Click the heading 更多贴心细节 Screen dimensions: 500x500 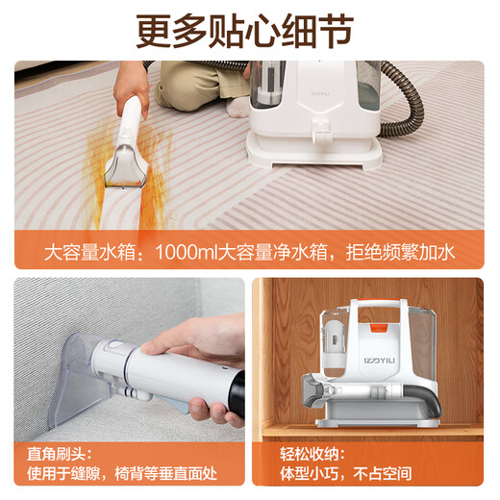pyautogui.click(x=250, y=32)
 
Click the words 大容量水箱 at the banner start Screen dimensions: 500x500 pyautogui.click(x=84, y=254)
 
